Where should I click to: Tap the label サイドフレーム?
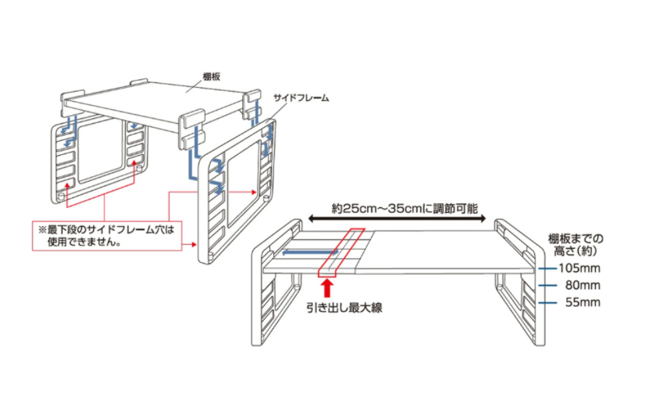point(302,97)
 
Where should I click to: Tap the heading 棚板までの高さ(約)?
point(576,244)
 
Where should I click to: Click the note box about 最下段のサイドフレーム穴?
point(107,236)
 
